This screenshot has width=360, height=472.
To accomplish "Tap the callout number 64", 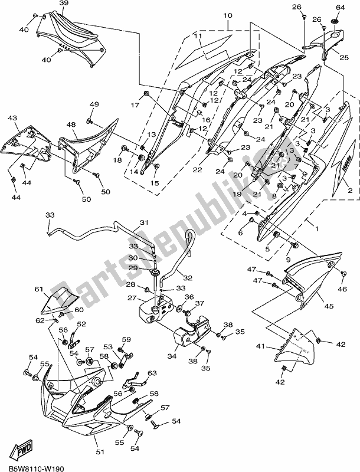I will [340, 7].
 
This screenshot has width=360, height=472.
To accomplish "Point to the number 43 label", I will [12, 119].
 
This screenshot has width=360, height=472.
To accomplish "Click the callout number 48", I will [71, 124].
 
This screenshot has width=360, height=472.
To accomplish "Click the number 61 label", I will [40, 289].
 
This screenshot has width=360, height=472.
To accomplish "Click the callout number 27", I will [129, 298].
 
